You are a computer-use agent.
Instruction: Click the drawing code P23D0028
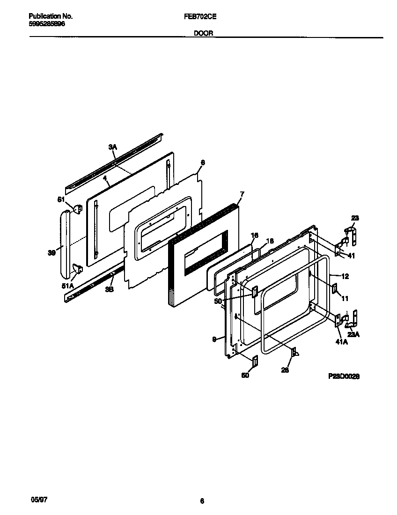coord(344,375)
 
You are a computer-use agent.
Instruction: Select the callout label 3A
coord(112,147)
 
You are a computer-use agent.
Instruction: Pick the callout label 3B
coord(109,289)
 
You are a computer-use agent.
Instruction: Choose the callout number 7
coord(242,193)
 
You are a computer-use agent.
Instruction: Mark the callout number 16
coord(255,235)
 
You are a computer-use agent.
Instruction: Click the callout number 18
coord(270,241)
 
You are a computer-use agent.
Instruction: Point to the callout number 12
coord(345,276)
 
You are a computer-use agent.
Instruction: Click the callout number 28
coord(285,370)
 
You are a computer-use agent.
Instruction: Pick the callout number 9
coord(214,340)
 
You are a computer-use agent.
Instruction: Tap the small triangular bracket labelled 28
coord(294,353)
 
